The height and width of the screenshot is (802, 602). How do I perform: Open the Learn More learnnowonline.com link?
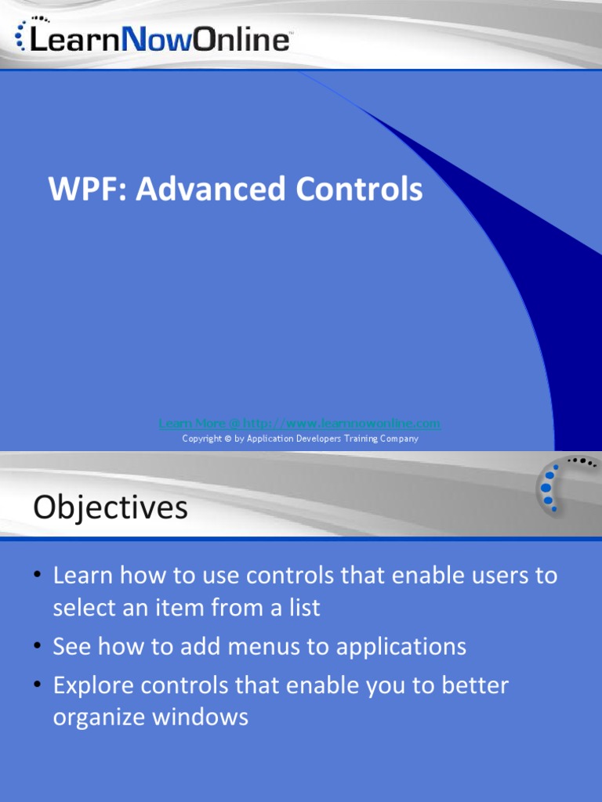[299, 424]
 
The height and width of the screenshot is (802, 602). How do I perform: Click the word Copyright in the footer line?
[201, 439]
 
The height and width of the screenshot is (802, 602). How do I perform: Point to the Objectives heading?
[111, 508]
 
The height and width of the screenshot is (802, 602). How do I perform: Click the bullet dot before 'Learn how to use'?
[38, 576]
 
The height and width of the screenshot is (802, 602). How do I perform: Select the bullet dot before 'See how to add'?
[38, 647]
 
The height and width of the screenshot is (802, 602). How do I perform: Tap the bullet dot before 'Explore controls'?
[38, 686]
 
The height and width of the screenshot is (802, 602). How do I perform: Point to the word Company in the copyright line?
[397, 439]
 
